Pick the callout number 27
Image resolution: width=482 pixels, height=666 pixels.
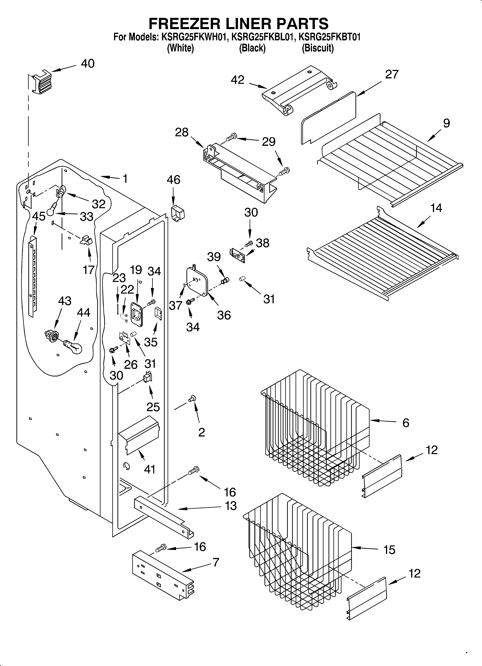392,75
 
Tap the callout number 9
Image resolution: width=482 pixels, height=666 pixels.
446,123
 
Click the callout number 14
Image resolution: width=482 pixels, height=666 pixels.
436,208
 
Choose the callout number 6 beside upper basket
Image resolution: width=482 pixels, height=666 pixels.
406,423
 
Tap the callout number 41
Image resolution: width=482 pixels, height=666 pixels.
149,469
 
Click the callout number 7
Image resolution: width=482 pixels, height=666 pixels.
216,562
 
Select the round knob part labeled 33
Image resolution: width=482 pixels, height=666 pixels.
52,210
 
